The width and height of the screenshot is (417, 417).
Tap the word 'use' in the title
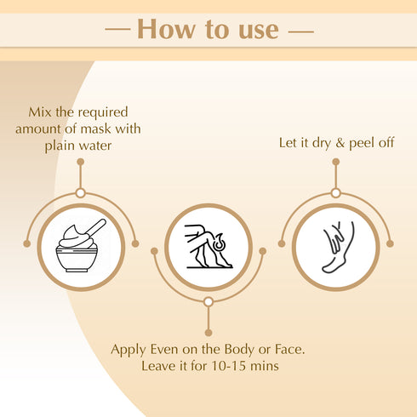(x=254, y=30)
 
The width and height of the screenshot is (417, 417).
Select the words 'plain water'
(x=80, y=146)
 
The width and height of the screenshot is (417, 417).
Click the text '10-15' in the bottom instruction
(x=253, y=367)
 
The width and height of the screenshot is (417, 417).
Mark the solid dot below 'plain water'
(x=80, y=161)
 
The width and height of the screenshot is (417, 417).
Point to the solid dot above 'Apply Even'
(x=208, y=333)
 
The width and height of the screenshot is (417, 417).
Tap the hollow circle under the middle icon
(x=208, y=301)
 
